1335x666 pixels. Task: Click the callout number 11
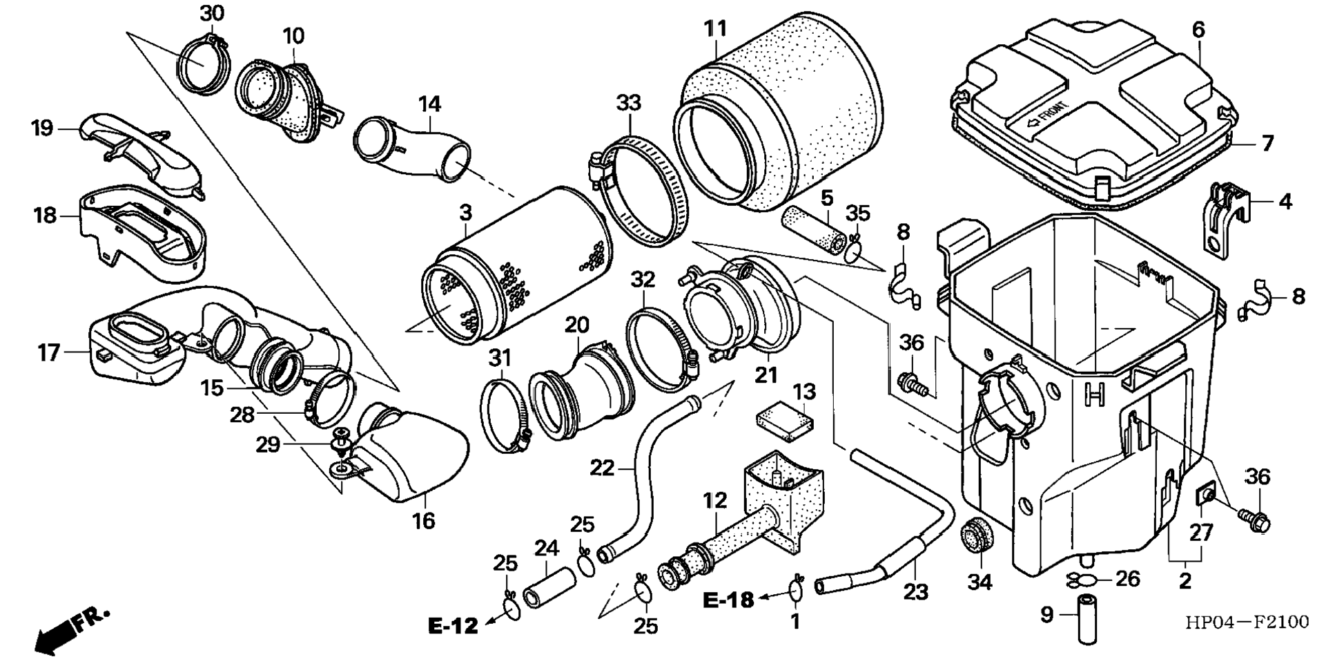716,29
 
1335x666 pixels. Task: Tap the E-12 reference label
453,626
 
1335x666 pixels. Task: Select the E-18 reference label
729,600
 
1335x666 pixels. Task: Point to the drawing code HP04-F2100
1247,622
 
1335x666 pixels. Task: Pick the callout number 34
980,582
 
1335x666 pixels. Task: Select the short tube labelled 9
1088,618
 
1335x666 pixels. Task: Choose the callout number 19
42,129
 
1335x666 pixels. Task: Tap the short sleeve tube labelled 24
549,587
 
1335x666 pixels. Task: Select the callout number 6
1198,30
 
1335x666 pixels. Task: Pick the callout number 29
268,444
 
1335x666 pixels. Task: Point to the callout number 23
916,592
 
